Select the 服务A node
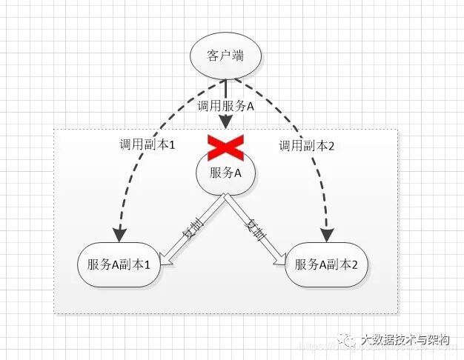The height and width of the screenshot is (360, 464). tap(226, 173)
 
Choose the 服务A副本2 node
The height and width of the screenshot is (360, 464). tap(326, 264)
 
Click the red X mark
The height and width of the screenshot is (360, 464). tap(225, 147)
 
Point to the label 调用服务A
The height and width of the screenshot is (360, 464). tap(225, 106)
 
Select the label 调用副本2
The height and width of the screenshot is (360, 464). tap(307, 146)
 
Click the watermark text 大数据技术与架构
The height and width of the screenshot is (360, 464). tap(405, 340)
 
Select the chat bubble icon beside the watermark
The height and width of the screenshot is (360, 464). tap(345, 339)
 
